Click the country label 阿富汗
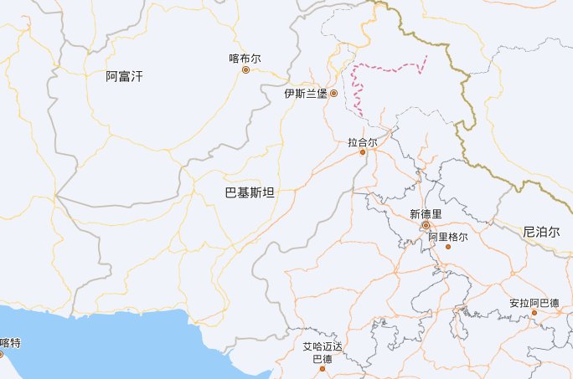(x=124, y=77)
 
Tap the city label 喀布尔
(x=245, y=59)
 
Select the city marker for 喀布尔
(x=245, y=70)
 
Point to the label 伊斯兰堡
(x=305, y=94)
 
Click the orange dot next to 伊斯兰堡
(x=333, y=93)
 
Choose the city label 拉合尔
(x=363, y=141)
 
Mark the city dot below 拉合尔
(x=363, y=152)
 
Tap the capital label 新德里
(x=426, y=214)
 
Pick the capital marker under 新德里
(x=426, y=226)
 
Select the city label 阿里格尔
(x=447, y=237)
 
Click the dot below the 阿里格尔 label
(x=447, y=247)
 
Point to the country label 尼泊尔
(x=539, y=231)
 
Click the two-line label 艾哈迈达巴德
(x=323, y=353)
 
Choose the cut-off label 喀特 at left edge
(x=10, y=342)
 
